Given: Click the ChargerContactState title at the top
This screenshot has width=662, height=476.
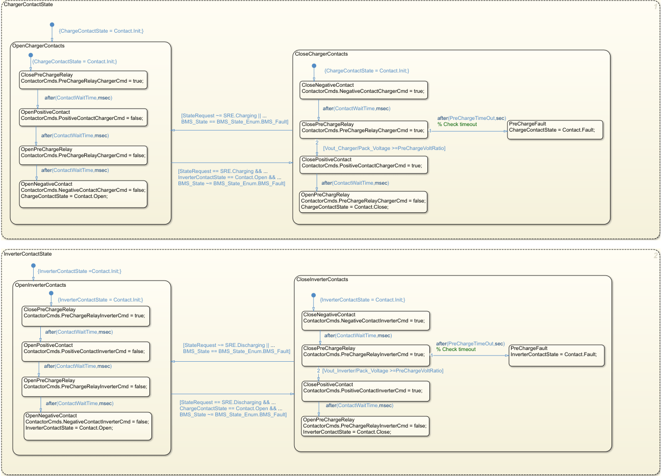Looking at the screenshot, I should [x=28, y=5].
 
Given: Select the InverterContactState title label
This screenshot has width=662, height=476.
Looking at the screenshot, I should [x=28, y=254].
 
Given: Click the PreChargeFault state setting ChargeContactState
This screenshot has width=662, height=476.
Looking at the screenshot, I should [x=555, y=130].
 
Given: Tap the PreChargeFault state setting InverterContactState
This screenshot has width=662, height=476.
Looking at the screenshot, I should [x=556, y=355].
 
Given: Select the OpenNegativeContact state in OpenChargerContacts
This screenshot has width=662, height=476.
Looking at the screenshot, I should [x=83, y=194].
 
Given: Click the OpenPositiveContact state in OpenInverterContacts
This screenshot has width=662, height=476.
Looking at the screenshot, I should [x=86, y=352].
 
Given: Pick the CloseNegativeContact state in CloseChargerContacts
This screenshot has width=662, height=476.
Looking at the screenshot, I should [x=364, y=91].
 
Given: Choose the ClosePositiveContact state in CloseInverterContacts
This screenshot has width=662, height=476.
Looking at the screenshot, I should [x=366, y=391].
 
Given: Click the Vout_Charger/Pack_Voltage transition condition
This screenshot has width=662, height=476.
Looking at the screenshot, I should [x=384, y=148].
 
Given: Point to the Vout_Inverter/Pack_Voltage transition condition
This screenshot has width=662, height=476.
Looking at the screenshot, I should [x=383, y=371].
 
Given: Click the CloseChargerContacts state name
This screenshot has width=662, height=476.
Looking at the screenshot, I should [x=321, y=54].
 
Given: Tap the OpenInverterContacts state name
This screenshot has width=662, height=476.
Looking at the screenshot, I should [x=41, y=285].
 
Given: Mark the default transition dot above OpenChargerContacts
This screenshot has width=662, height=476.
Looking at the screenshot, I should [x=52, y=24].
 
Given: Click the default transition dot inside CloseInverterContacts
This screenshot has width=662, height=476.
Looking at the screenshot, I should [x=314, y=295].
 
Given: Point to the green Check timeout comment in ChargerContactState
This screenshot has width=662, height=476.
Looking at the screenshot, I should [x=457, y=124].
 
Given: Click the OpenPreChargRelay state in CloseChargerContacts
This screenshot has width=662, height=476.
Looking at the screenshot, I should [x=363, y=201].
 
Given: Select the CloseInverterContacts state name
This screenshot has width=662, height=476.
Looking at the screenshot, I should [x=322, y=280].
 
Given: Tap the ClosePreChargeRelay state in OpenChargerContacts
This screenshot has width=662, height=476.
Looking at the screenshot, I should [x=83, y=80].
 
